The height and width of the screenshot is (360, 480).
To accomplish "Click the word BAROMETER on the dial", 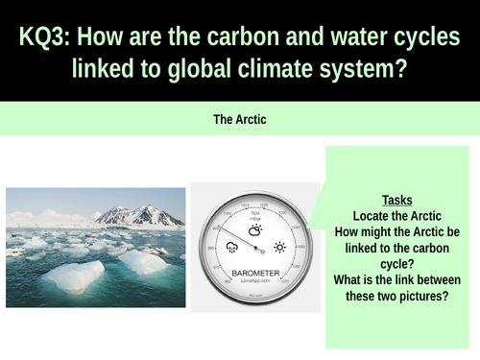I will (x=254, y=274).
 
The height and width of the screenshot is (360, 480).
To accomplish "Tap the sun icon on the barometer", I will (x=279, y=247).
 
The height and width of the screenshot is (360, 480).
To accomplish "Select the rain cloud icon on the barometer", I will (x=231, y=247).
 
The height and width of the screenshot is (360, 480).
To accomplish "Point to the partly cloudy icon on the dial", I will (x=255, y=230).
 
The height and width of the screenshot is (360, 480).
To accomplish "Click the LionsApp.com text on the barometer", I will (x=255, y=283).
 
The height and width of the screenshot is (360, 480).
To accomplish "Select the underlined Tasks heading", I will (x=397, y=200).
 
